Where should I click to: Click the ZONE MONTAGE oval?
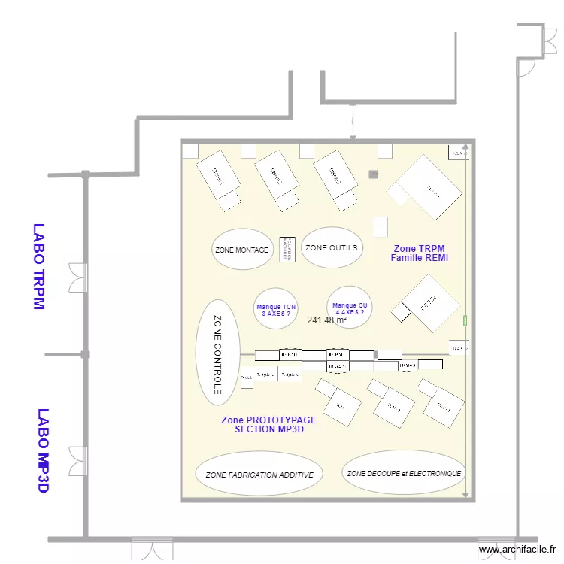pyautogui.click(x=241, y=249)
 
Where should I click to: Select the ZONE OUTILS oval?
pyautogui.click(x=332, y=247)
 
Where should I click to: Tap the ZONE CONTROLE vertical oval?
pyautogui.click(x=217, y=354)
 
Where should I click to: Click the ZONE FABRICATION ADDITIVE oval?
pyautogui.click(x=259, y=474)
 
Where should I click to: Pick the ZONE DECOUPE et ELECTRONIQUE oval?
pyautogui.click(x=404, y=473)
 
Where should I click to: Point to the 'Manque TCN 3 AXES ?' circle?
pyautogui.click(x=276, y=310)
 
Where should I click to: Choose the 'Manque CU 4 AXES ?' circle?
pyautogui.click(x=350, y=308)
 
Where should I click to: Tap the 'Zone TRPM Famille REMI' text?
pyautogui.click(x=419, y=253)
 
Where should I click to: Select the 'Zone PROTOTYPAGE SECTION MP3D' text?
pyautogui.click(x=269, y=425)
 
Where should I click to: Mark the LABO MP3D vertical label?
pyautogui.click(x=43, y=450)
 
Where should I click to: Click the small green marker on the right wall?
pyautogui.click(x=465, y=320)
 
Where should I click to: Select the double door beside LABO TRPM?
pyautogui.click(x=77, y=277)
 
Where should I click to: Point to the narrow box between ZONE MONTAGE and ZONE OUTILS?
pyautogui.click(x=286, y=247)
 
